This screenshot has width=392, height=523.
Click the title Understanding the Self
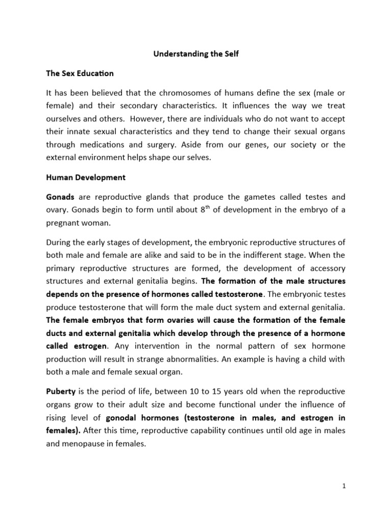click(x=197, y=54)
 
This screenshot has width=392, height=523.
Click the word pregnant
click(x=64, y=223)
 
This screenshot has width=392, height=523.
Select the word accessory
click(x=326, y=268)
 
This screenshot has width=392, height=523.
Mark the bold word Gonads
click(x=60, y=196)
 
